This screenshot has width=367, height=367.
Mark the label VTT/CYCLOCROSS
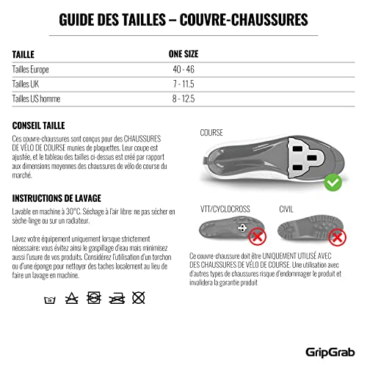coord(226,209)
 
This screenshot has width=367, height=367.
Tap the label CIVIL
coord(288,209)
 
